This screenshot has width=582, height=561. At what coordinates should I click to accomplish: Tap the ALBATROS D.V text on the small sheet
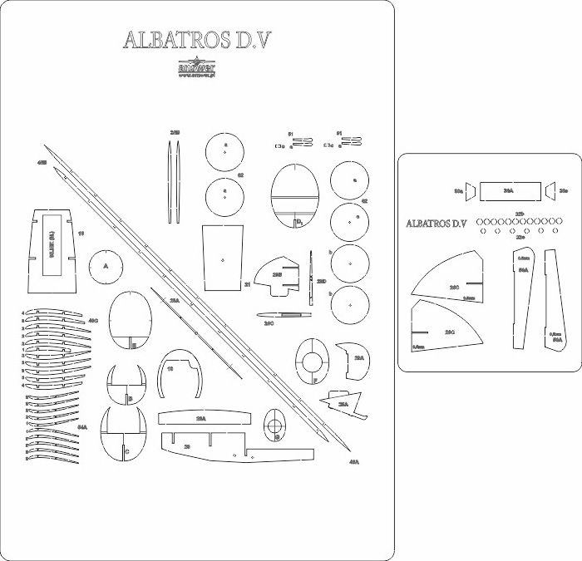(437, 224)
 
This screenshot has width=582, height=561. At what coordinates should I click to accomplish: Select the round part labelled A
(106, 267)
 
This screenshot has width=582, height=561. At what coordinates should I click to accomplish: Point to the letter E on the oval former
(133, 345)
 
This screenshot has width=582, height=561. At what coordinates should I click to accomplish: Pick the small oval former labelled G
(275, 425)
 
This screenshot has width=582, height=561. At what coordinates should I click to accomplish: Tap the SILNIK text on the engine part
(52, 249)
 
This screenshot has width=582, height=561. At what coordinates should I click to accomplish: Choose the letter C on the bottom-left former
(126, 451)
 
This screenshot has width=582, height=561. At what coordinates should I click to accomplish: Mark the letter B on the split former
(130, 399)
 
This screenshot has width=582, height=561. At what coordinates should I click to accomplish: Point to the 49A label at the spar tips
(353, 461)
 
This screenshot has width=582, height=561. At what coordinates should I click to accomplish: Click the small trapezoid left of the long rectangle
(470, 191)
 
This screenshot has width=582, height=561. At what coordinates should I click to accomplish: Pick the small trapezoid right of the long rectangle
(550, 191)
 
